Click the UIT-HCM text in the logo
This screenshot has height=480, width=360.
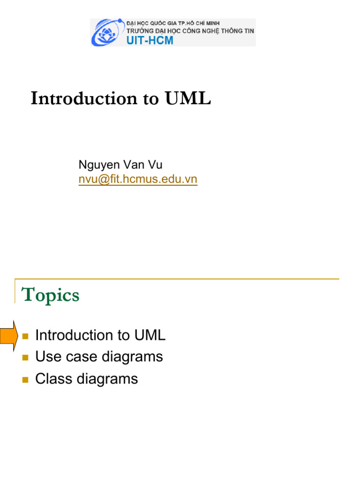pos(150,40)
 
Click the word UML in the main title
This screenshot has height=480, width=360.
pos(187,98)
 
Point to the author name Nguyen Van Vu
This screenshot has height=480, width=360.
pos(120,165)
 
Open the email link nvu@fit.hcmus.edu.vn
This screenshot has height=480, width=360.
pos(138,179)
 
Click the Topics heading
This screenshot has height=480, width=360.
pos(51,295)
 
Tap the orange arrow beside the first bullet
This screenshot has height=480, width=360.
pos(8,335)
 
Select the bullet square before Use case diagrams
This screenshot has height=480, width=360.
pos(25,358)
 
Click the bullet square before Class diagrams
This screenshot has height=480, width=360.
pos(25,379)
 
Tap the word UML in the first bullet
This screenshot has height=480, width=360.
pos(150,335)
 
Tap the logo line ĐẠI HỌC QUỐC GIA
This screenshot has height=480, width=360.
pos(173,23)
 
